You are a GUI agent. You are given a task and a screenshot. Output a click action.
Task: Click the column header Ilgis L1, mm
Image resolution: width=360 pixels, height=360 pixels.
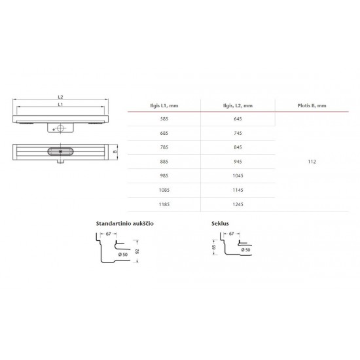tap(164, 106)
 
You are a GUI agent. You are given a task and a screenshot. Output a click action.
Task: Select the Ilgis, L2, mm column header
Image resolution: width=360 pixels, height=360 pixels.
tap(238, 106)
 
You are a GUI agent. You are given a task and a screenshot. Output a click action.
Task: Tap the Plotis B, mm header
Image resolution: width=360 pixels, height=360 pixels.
tap(312, 106)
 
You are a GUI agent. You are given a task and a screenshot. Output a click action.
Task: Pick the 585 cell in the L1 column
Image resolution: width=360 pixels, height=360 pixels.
tap(164, 119)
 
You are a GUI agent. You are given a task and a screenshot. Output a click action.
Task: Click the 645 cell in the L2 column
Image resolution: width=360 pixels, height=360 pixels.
tap(238, 119)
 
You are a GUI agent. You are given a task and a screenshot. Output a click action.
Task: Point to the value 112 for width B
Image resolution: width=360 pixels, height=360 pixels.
tap(312, 162)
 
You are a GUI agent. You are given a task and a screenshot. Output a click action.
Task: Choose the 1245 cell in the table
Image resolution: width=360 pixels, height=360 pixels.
tap(238, 204)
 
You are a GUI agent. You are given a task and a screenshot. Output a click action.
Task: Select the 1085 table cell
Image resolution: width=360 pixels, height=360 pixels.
tap(164, 190)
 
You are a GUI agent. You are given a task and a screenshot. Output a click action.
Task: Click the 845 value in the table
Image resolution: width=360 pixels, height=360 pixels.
tap(238, 147)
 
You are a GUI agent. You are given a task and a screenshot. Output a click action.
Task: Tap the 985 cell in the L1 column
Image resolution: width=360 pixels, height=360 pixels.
tap(164, 176)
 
